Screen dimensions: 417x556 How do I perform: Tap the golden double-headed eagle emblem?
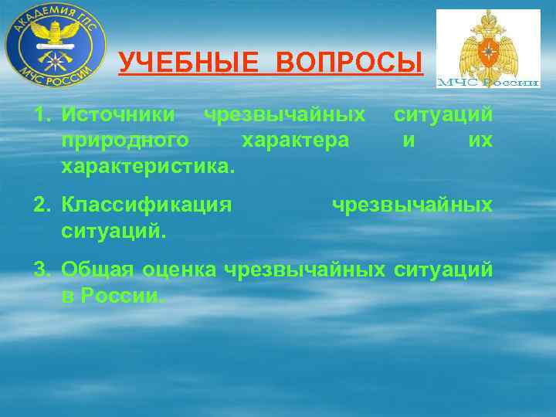[488, 42]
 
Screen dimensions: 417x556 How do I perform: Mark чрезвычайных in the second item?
[412, 205]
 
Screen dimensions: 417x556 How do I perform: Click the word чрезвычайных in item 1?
[284, 116]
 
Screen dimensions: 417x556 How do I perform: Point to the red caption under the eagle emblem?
[488, 82]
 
